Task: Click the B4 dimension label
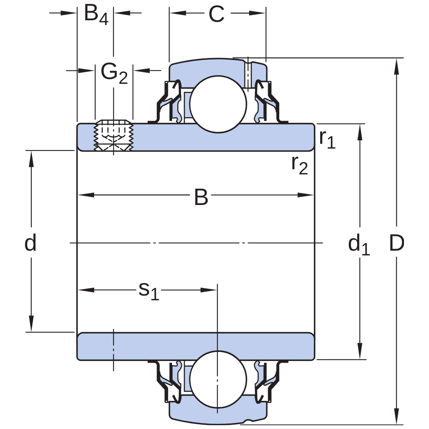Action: coord(96,14)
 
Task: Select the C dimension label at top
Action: coord(216,14)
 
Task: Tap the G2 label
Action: coord(114,73)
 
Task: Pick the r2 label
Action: coord(300,165)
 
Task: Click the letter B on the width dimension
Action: coord(201,197)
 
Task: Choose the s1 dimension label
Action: coord(149,291)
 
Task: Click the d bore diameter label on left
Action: coord(30,243)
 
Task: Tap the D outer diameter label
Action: coord(397,243)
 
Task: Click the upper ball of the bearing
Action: coord(218,104)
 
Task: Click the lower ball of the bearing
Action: coord(218,379)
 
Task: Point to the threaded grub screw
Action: coord(114,135)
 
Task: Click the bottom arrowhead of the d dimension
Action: coord(31,324)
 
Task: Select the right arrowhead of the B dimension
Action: coord(305,195)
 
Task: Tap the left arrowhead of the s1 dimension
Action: coord(86,290)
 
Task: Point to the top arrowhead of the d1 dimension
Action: coord(360,132)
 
